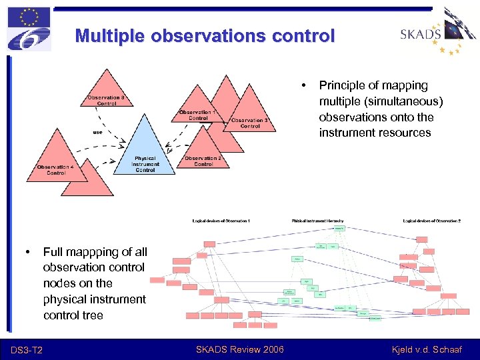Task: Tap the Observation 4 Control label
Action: [x=56, y=169]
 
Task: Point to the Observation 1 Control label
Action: [x=198, y=115]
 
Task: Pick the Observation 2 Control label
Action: [x=203, y=161]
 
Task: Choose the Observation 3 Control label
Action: [x=250, y=123]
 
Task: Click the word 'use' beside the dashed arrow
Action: [x=97, y=132]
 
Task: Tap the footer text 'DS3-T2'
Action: [x=27, y=350]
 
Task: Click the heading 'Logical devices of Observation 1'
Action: [x=221, y=220]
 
